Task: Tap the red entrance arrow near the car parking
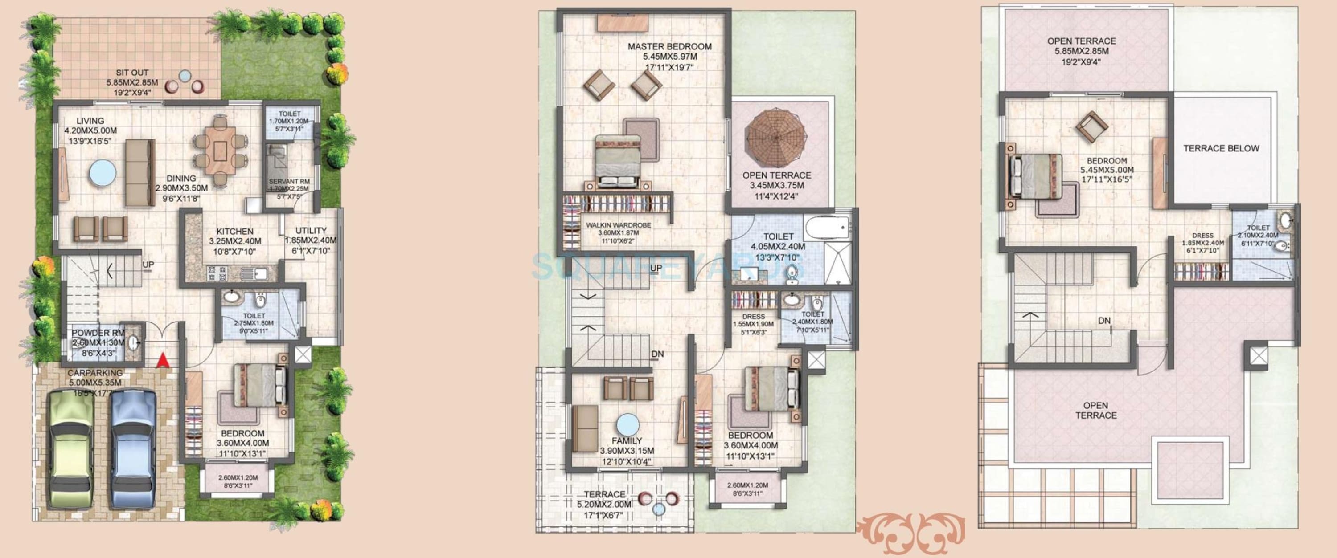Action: click(163, 359)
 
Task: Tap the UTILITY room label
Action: click(311, 231)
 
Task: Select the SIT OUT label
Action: click(132, 73)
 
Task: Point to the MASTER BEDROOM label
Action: click(669, 47)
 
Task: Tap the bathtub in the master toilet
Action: click(827, 227)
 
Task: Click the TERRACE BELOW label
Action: click(1221, 148)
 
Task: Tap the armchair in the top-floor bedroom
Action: click(1091, 127)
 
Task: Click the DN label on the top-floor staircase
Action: click(1104, 321)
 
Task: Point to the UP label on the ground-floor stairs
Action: click(148, 265)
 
